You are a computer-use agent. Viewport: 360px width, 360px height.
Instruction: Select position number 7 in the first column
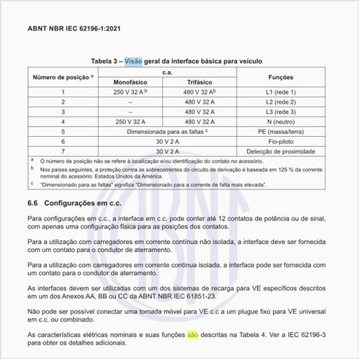[x=63, y=153]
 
